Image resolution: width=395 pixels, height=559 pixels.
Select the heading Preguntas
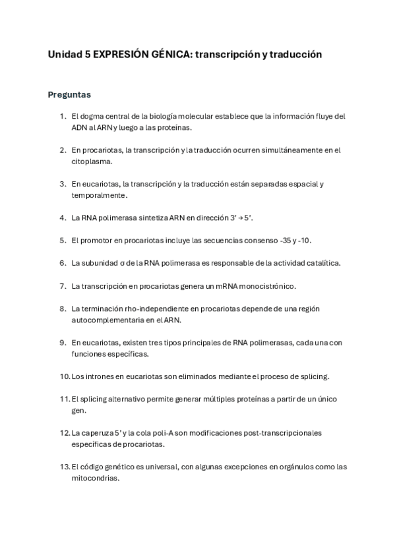pos(69,94)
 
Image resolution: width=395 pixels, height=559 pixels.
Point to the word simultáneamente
pos(270,150)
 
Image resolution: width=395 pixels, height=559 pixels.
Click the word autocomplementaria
pos(113,320)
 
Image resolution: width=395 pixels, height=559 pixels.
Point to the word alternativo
pos(128,399)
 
